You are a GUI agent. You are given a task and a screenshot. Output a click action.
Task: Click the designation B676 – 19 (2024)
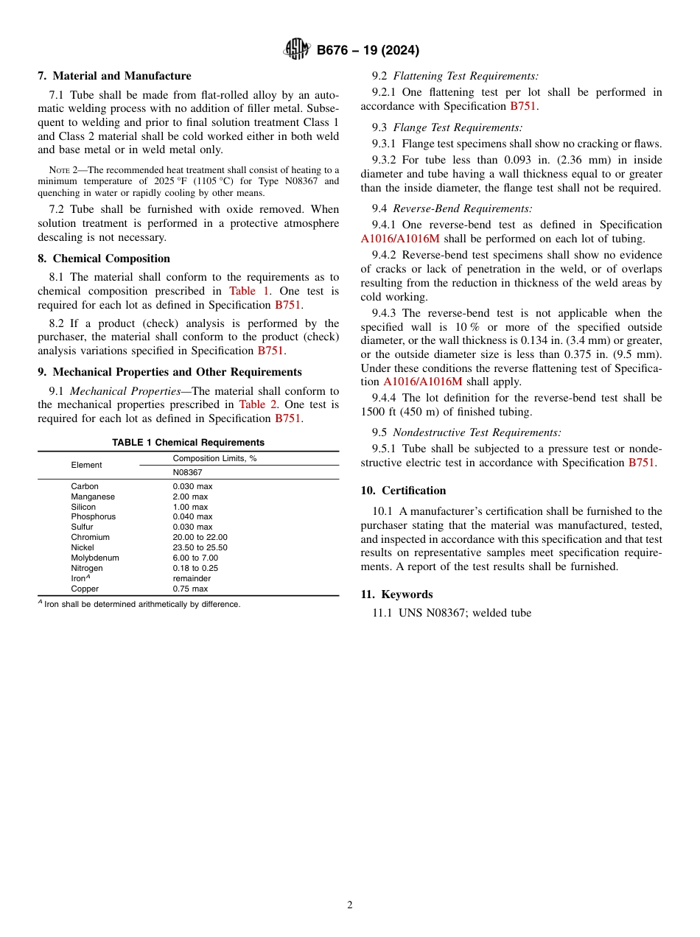click(x=368, y=50)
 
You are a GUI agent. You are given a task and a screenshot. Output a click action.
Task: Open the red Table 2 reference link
click(x=258, y=404)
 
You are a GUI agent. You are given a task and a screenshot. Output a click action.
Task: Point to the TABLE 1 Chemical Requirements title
click(x=188, y=443)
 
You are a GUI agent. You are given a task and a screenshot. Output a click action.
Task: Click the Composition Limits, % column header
click(x=214, y=458)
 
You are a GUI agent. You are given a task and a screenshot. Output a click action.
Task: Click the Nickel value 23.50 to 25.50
click(x=200, y=548)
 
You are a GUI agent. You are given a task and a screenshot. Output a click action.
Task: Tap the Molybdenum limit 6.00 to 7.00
click(x=195, y=558)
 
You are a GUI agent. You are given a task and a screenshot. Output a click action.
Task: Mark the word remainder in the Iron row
click(x=192, y=579)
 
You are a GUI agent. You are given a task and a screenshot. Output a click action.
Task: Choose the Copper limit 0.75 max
click(x=190, y=589)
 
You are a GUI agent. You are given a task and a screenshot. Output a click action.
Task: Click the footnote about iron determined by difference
click(x=141, y=604)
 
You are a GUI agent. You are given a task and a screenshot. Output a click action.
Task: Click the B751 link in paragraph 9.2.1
click(x=523, y=106)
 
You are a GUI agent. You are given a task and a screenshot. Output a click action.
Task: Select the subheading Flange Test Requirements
click(x=457, y=127)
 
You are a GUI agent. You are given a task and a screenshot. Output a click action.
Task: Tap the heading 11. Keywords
click(x=396, y=594)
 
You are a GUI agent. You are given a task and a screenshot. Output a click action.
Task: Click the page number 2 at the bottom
click(x=350, y=905)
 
